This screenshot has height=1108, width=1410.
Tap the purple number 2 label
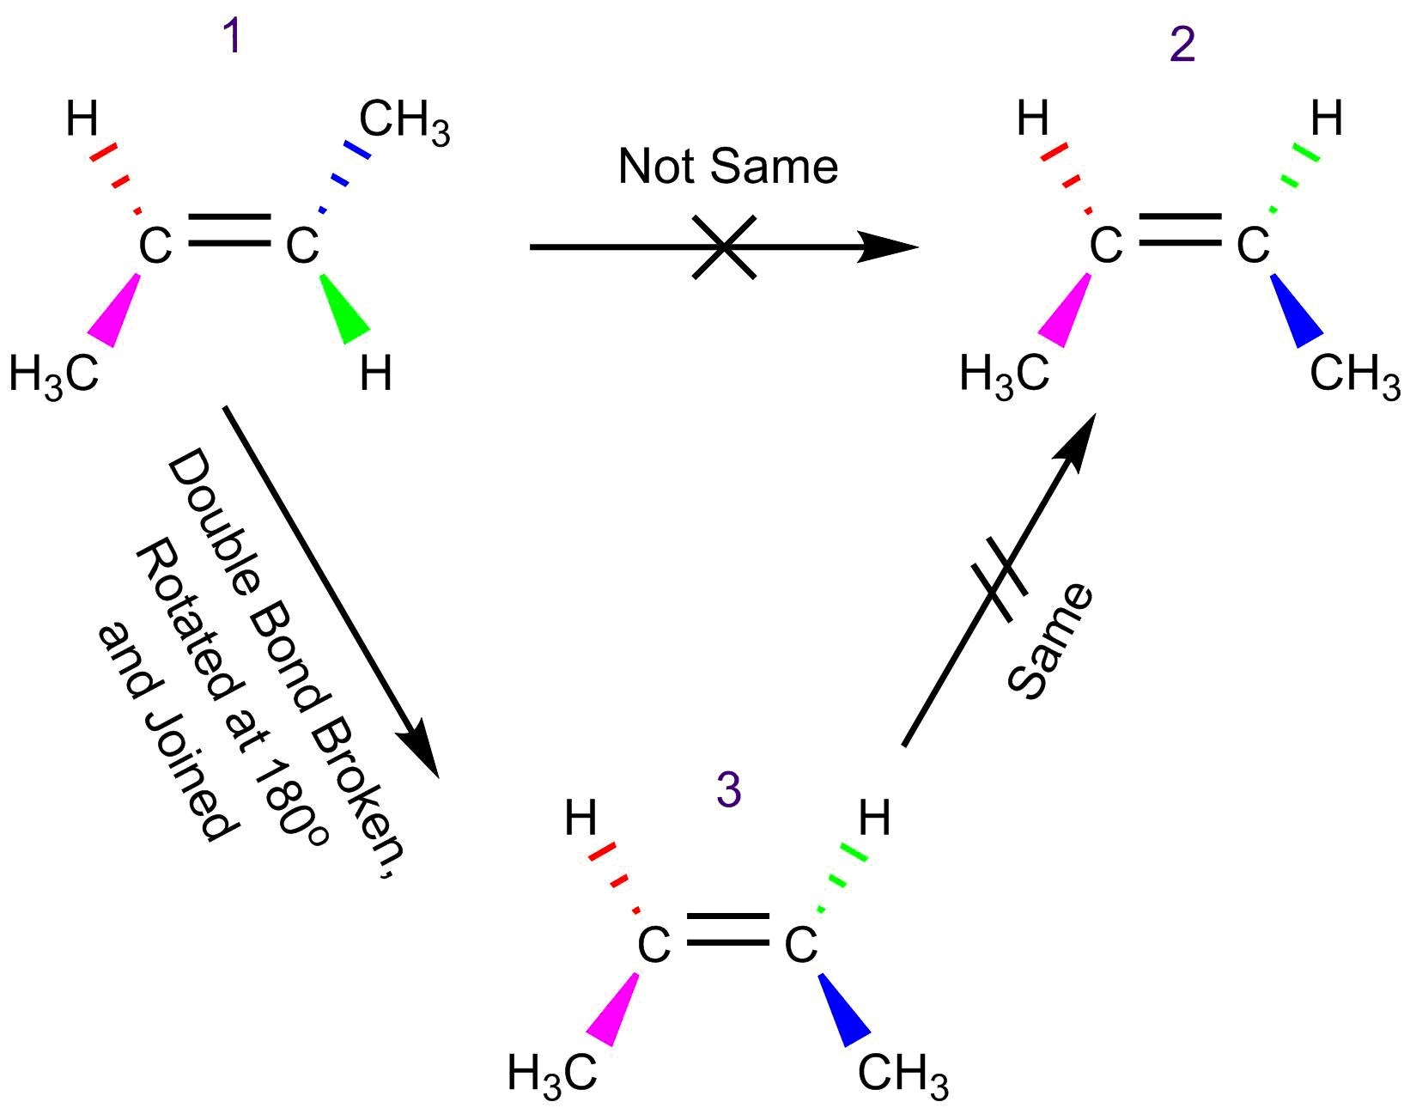(1182, 44)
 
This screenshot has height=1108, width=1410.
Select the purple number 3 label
(728, 789)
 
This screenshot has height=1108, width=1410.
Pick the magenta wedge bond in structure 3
(614, 1011)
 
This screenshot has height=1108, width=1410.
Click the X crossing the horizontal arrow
(724, 247)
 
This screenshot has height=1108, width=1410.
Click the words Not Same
(727, 166)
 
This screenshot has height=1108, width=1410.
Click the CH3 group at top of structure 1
(404, 120)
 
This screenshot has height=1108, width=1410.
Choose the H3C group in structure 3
(551, 1074)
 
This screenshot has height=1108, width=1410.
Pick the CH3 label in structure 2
(1354, 374)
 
